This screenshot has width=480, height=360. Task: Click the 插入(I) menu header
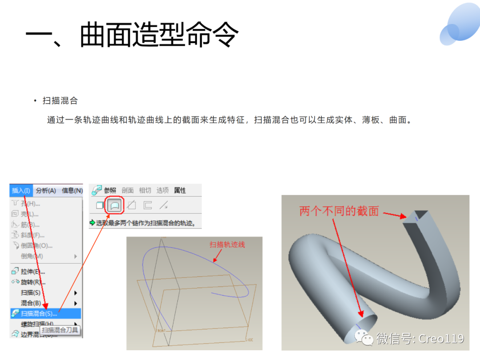[21, 191]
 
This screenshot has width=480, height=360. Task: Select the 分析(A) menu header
[46, 191]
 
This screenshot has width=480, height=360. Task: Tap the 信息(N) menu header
[72, 191]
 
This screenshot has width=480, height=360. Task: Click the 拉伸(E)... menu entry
[33, 272]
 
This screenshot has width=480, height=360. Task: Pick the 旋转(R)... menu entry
[33, 282]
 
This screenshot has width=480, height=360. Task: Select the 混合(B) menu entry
[31, 303]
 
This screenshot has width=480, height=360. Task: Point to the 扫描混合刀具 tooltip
[60, 330]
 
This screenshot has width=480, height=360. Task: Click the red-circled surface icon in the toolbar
[115, 205]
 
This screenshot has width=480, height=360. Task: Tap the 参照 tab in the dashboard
[110, 190]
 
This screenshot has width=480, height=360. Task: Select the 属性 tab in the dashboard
[180, 190]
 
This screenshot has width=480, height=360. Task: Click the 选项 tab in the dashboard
[162, 190]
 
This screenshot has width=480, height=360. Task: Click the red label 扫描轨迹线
[227, 244]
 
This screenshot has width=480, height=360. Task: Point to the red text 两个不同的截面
[339, 212]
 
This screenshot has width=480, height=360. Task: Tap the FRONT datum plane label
[160, 331]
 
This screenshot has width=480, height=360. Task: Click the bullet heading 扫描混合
[60, 101]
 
